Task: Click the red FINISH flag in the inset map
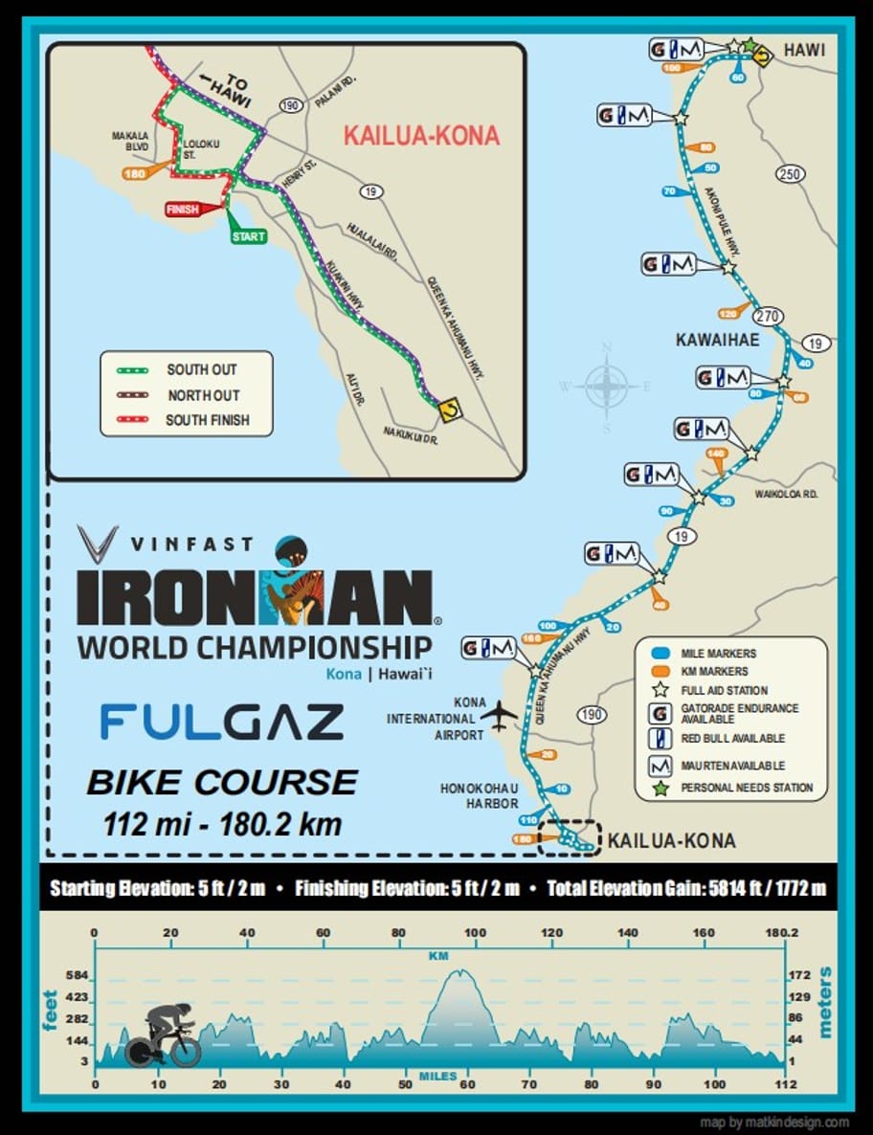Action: [182, 209]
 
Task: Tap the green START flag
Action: [248, 235]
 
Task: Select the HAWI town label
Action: [804, 50]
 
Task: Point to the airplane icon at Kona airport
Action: [499, 714]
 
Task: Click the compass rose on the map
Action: [606, 387]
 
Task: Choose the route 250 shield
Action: [790, 174]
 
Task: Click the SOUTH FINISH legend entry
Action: [207, 420]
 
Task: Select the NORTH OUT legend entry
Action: [203, 395]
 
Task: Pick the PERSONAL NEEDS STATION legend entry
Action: [747, 789]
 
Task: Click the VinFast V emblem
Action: [98, 544]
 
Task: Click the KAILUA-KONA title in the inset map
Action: [421, 135]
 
